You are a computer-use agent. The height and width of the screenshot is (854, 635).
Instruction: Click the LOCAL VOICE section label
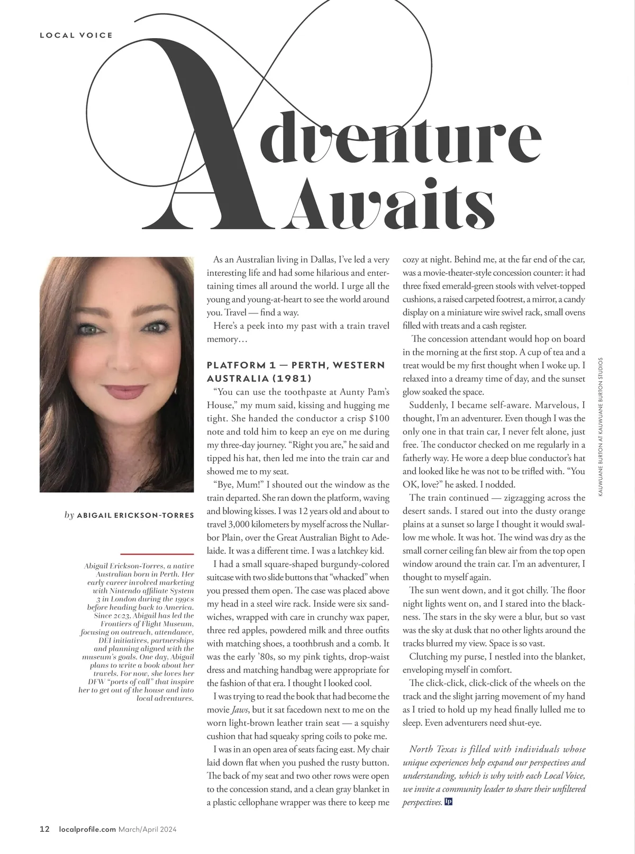(x=76, y=35)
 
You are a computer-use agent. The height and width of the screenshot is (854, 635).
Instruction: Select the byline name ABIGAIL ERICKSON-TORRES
(x=135, y=515)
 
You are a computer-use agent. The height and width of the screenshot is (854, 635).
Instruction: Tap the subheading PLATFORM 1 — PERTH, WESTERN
(x=296, y=365)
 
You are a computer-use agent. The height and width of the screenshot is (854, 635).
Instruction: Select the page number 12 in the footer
(x=44, y=830)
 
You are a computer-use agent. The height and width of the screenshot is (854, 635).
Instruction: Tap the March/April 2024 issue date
(x=147, y=830)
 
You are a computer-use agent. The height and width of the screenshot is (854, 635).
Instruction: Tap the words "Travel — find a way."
(x=261, y=312)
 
